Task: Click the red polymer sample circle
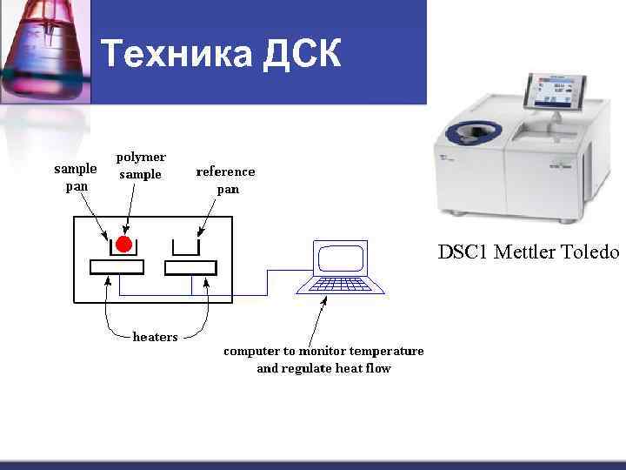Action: point(123,243)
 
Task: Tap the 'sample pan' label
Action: point(76,177)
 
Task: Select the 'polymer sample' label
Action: point(141,165)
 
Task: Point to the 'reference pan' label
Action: point(226,180)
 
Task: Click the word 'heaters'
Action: point(155,337)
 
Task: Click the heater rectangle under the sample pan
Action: point(117,267)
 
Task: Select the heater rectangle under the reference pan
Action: point(190,267)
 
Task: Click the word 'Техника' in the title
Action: point(175,54)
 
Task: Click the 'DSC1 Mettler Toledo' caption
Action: point(528,252)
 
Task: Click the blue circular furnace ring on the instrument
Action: point(469,132)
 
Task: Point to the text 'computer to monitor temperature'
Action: point(323,351)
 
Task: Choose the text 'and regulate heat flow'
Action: point(323,368)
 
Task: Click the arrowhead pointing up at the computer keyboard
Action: point(324,300)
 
